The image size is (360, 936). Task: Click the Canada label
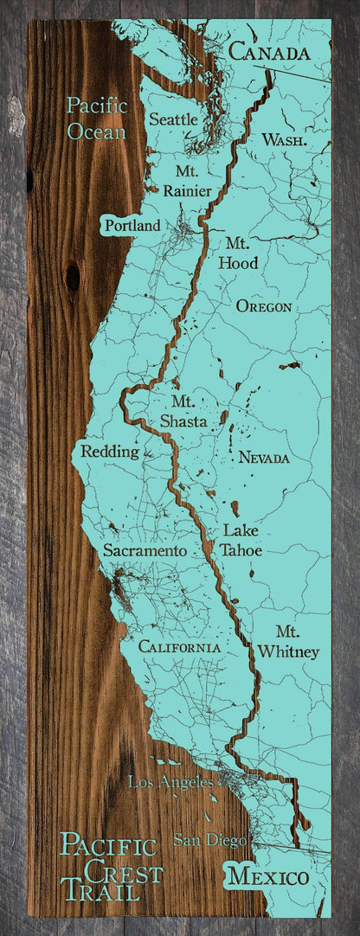pyautogui.click(x=268, y=53)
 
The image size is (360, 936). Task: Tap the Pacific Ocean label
pyautogui.click(x=97, y=119)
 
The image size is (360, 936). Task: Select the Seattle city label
pyautogui.click(x=174, y=118)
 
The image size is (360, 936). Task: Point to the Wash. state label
pyautogui.click(x=283, y=139)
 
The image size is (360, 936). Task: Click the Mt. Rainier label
pyautogui.click(x=186, y=180)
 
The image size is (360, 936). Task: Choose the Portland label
pyautogui.click(x=132, y=225)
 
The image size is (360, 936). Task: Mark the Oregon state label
pyautogui.click(x=263, y=306)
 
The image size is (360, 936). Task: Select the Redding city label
pyautogui.click(x=110, y=451)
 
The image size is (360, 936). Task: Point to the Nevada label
pyautogui.click(x=264, y=458)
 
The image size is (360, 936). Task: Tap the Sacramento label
pyautogui.click(x=145, y=549)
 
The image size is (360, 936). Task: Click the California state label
pyautogui.click(x=179, y=646)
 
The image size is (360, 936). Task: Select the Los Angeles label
pyautogui.click(x=170, y=782)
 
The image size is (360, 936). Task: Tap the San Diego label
pyautogui.click(x=209, y=838)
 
